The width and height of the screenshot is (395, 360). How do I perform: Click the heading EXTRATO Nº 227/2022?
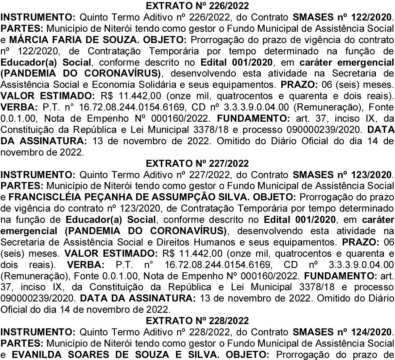tap(197, 163)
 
